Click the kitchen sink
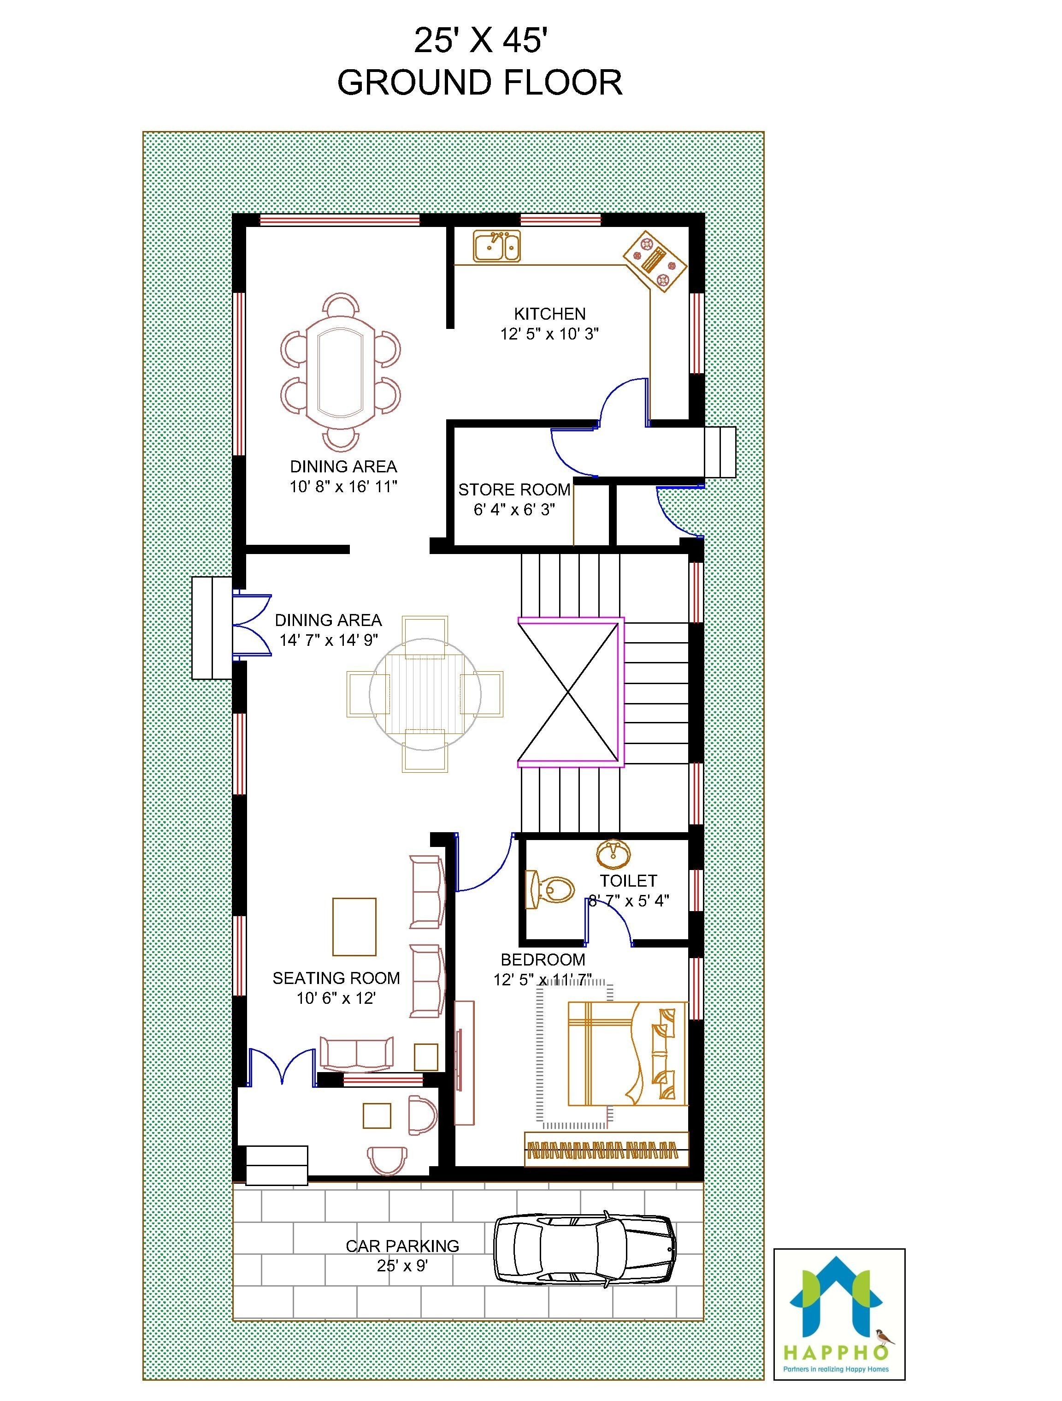click(x=497, y=246)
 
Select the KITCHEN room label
click(x=549, y=314)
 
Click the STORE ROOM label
click(x=514, y=489)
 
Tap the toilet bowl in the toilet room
click(x=551, y=888)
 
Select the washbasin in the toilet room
click(x=613, y=854)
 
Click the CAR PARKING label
click(x=402, y=1246)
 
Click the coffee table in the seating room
click(x=354, y=926)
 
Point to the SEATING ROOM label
click(x=336, y=978)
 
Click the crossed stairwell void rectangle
click(x=568, y=692)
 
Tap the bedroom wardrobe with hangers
click(x=606, y=1148)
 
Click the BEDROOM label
click(x=543, y=960)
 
